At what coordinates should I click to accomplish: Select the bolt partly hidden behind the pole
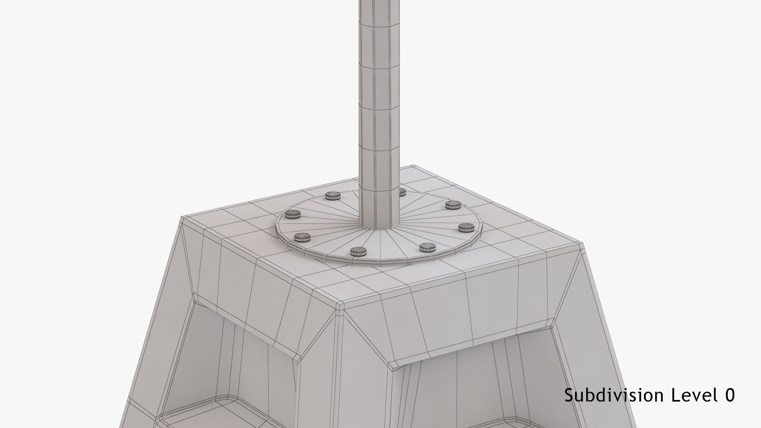(x=402, y=192)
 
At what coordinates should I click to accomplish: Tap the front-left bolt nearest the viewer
(x=358, y=250)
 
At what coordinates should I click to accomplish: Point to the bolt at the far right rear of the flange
(x=452, y=204)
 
